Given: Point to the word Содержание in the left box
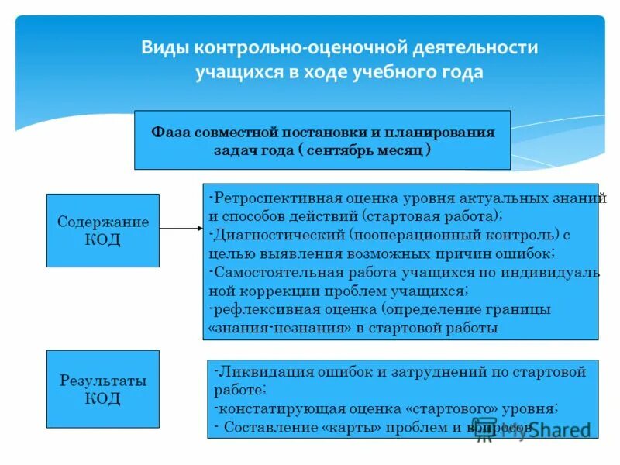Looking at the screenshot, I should [x=103, y=222].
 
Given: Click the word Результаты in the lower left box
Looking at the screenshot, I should [x=103, y=381].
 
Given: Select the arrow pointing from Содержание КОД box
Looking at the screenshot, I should [x=181, y=229].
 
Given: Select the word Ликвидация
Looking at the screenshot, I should [x=255, y=372].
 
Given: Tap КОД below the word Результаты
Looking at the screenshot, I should [x=103, y=399].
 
